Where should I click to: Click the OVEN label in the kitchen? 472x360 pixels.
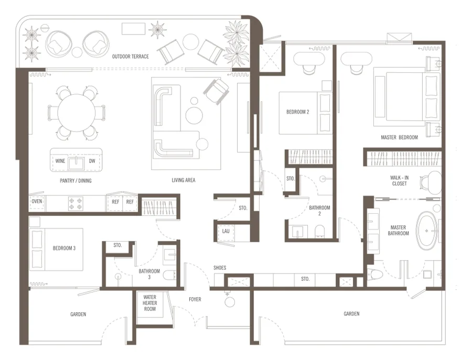click(37, 201)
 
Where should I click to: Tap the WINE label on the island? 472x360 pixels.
click(60, 161)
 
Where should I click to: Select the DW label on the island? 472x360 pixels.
click(92, 161)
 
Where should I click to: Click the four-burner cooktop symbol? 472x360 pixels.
click(76, 203)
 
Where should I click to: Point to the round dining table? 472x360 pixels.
click(76, 113)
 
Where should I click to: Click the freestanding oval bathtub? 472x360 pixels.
click(426, 231)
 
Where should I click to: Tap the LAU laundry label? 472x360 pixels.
click(226, 231)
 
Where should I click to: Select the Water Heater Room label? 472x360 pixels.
click(149, 303)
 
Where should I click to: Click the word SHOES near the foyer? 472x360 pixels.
click(220, 268)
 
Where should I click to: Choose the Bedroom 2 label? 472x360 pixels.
click(298, 112)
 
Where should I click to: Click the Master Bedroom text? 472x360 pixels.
click(399, 137)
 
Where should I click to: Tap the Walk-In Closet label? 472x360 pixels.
click(400, 180)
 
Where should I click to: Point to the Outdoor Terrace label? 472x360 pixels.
click(131, 57)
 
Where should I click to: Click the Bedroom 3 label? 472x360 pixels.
click(64, 248)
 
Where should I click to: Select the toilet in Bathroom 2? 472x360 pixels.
click(320, 232)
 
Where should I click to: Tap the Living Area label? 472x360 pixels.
click(184, 180)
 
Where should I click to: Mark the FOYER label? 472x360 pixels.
click(195, 299)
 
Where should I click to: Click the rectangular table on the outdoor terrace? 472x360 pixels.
click(133, 29)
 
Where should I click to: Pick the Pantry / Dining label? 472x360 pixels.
click(76, 181)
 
